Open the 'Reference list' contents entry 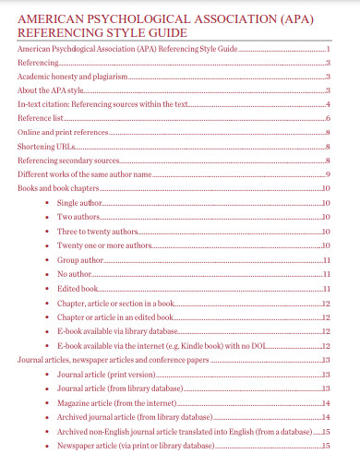point(42,118)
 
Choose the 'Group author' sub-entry point(80,260)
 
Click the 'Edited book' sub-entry point(78,289)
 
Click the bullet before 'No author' point(48,275)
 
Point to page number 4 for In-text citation point(328,104)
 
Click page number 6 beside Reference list point(328,118)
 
